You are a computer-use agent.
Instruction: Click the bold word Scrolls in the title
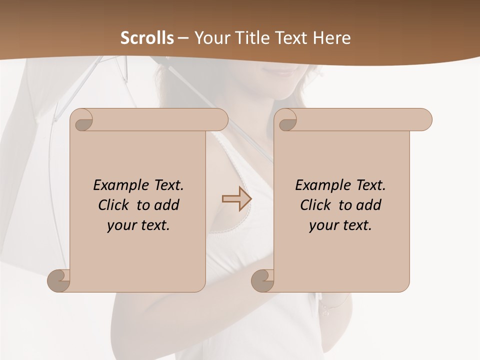(147, 38)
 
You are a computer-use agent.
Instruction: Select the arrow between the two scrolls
(237, 199)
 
